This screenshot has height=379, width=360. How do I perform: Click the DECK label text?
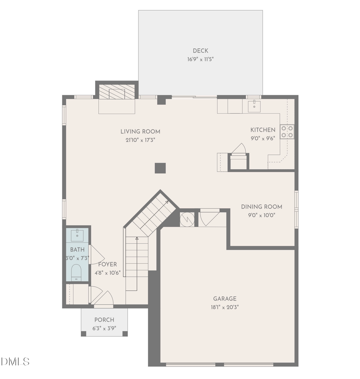pos(200,51)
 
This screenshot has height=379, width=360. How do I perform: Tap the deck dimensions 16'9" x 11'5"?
pos(200,59)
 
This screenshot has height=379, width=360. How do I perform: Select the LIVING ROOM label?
pos(140,131)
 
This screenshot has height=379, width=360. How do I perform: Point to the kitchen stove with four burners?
pos(287,132)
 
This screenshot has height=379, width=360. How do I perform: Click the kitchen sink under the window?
pos(254,106)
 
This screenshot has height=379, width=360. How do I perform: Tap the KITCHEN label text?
pos(263,130)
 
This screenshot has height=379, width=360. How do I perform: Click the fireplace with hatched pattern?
pos(117,92)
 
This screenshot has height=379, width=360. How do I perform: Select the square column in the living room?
pos(160,168)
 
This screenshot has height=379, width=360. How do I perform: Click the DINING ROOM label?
pos(261,207)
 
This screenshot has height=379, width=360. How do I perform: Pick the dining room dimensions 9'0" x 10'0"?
pos(261,215)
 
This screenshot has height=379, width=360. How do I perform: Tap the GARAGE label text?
pos(224,299)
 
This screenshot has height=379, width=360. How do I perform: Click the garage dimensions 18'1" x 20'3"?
pos(224,307)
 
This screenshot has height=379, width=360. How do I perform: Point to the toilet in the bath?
pos(76,273)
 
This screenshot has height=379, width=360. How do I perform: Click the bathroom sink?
pos(77,235)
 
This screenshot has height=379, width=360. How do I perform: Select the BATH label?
pos(77,250)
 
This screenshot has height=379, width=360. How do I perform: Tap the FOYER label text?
pos(107,265)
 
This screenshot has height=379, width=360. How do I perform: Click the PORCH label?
pos(104,320)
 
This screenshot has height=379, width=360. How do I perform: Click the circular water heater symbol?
pos(187,219)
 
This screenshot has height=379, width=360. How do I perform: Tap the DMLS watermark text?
pos(15,362)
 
